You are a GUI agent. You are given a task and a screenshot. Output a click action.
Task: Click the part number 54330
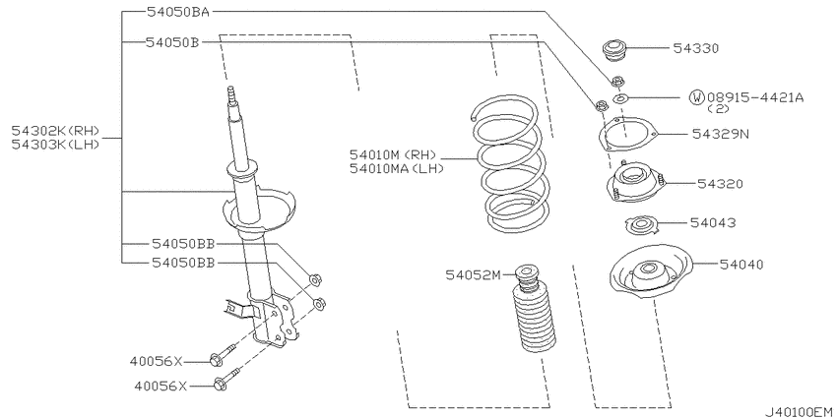pyautogui.click(x=695, y=48)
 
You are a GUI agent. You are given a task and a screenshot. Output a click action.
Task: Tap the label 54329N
pyautogui.click(x=721, y=134)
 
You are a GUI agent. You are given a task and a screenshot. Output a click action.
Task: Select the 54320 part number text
pyautogui.click(x=720, y=184)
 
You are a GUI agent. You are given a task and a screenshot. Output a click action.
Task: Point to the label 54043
pyautogui.click(x=713, y=223)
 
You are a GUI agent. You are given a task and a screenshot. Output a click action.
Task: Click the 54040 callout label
pyautogui.click(x=740, y=264)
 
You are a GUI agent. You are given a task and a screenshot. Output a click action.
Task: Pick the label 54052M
pyautogui.click(x=474, y=275)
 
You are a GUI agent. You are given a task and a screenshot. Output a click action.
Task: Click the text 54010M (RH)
pyautogui.click(x=394, y=155)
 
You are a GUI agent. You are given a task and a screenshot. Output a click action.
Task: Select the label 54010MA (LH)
pyautogui.click(x=397, y=168)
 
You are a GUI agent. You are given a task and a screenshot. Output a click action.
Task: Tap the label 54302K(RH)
pyautogui.click(x=56, y=131)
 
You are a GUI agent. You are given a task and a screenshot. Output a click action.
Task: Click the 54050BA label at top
pyautogui.click(x=178, y=12)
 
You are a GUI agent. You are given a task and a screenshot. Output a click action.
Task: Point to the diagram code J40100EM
pyautogui.click(x=799, y=411)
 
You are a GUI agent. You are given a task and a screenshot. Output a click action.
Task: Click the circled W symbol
pyautogui.click(x=696, y=97)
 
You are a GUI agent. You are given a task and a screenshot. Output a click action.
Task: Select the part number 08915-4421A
pyautogui.click(x=755, y=97)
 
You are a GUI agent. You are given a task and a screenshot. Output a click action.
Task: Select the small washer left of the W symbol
pyautogui.click(x=620, y=98)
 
